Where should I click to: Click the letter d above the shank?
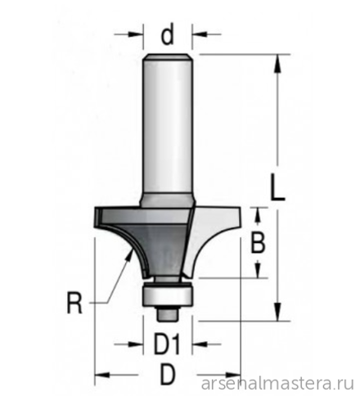tap(167, 35)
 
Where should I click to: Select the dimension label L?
tap(277, 187)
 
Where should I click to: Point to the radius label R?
tap(74, 303)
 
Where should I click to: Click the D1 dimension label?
tap(167, 344)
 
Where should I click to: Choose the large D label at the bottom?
tap(167, 375)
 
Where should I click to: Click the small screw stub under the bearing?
tap(168, 313)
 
